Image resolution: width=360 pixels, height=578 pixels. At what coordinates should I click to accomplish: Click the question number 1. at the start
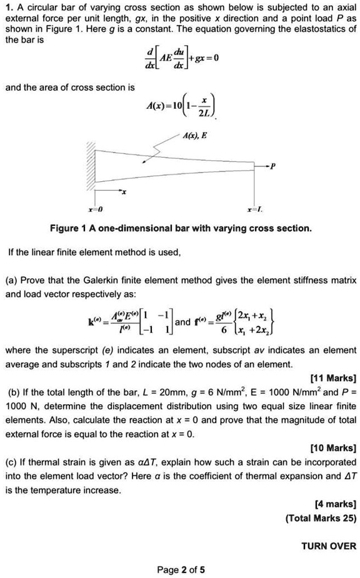[9, 8]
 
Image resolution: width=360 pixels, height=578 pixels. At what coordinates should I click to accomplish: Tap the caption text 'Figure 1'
[68, 228]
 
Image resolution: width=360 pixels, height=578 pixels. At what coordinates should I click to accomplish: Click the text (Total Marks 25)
[321, 518]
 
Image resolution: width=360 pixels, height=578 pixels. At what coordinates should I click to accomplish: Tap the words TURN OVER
[329, 545]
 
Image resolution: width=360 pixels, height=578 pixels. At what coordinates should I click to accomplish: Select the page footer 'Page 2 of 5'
[181, 569]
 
